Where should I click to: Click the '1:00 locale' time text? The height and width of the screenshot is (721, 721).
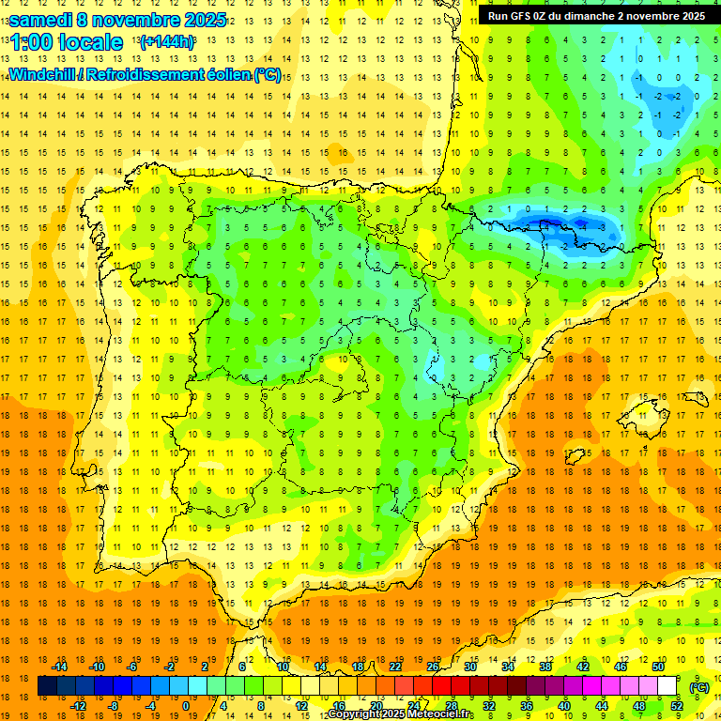[67, 42]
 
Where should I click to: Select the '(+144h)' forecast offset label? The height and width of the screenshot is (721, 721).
[166, 42]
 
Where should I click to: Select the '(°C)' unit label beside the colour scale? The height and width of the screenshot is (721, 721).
[698, 687]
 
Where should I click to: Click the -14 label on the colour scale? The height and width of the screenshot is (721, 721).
[59, 667]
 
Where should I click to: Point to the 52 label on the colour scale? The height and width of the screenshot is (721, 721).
[677, 706]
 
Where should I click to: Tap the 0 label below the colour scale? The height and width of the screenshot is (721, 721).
[186, 706]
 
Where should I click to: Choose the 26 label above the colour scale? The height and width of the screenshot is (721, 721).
[432, 667]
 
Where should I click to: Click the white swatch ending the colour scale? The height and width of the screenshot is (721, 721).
[667, 686]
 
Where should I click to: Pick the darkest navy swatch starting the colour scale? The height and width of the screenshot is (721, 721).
[47, 686]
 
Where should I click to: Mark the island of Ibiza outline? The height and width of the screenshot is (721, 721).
[575, 457]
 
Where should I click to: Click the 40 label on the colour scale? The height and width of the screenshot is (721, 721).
[564, 706]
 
